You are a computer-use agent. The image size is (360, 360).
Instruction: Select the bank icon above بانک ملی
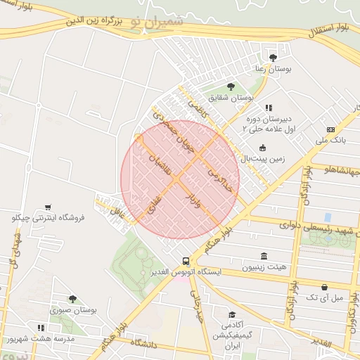[330, 129]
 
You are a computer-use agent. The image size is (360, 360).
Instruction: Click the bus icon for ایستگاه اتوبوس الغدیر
[186, 262]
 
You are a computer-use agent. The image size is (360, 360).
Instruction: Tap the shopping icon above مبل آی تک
[324, 287]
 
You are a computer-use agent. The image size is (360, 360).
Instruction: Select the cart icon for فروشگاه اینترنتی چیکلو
[47, 207]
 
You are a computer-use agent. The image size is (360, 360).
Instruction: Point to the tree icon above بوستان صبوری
[72, 299]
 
